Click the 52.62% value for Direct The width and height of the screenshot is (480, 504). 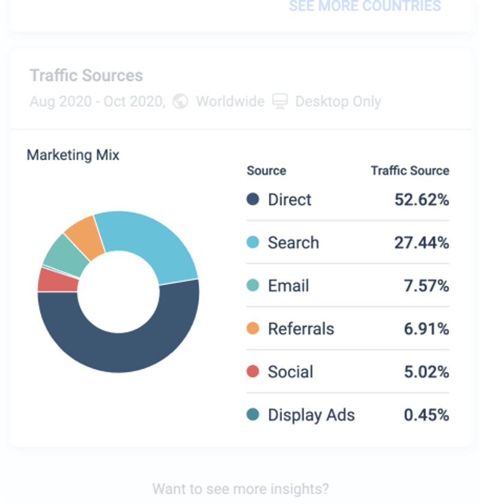(x=421, y=200)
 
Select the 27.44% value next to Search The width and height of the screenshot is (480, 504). (x=421, y=243)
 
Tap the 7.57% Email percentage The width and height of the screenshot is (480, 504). (x=426, y=286)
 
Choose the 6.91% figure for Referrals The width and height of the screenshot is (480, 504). (x=426, y=329)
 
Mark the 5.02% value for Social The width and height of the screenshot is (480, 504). (x=426, y=373)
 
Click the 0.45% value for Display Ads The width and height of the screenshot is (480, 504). (x=426, y=415)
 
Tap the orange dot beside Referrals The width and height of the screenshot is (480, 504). (x=253, y=329)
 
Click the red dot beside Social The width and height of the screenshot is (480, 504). (x=253, y=372)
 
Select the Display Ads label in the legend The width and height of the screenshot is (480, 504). (x=311, y=415)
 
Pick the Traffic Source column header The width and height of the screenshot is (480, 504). (x=410, y=171)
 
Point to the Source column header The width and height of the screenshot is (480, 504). (x=266, y=171)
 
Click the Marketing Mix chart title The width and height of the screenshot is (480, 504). (x=73, y=155)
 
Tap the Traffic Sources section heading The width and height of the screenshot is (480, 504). (x=86, y=76)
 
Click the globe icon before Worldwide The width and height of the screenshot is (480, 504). (x=180, y=101)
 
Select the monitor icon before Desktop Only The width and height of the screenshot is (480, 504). (x=280, y=101)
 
